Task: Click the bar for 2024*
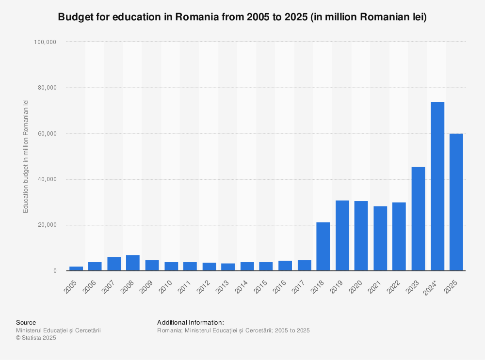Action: click(x=437, y=187)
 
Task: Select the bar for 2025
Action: click(x=456, y=202)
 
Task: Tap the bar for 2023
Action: click(x=419, y=219)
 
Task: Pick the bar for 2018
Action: click(x=323, y=247)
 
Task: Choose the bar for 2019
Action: click(x=342, y=235)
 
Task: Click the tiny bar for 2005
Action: click(x=76, y=268)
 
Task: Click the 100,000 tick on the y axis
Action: click(x=45, y=42)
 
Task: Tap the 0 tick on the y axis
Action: click(x=55, y=271)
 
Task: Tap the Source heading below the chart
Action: click(x=26, y=322)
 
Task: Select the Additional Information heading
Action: click(x=191, y=322)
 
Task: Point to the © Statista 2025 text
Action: click(x=36, y=338)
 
